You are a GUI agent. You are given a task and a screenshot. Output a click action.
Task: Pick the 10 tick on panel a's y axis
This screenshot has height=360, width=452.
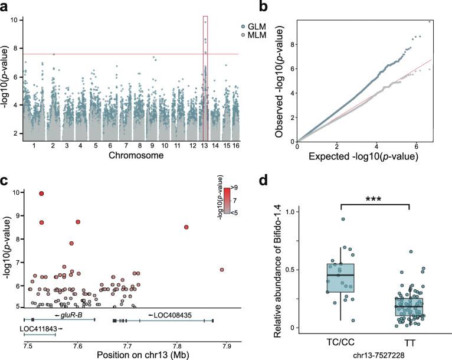20,20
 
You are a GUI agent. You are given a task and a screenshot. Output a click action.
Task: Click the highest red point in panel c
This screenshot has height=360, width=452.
41,193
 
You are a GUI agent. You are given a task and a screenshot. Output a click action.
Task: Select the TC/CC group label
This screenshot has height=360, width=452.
340,343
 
